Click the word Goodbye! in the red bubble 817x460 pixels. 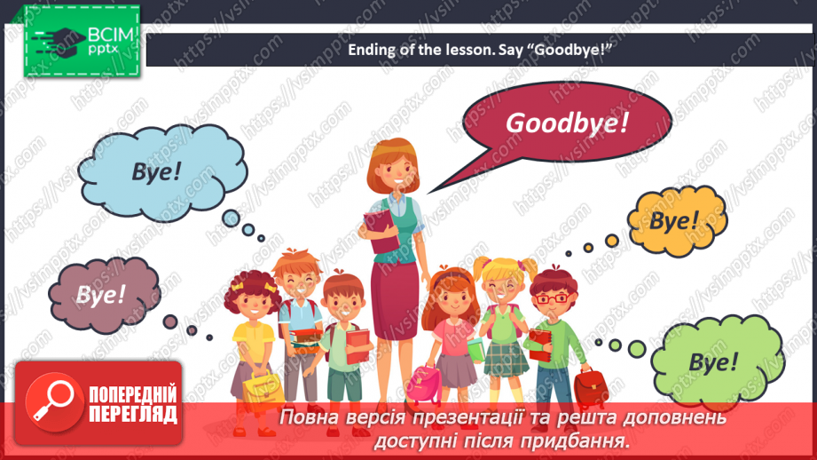[x=567, y=123]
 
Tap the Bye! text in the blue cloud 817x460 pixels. [x=156, y=171]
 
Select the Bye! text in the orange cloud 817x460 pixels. [x=674, y=220]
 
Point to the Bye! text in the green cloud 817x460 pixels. [x=712, y=362]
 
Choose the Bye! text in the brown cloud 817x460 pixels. [x=101, y=294]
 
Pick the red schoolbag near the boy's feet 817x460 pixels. [x=588, y=386]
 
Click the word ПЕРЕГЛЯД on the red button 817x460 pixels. [x=132, y=414]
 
